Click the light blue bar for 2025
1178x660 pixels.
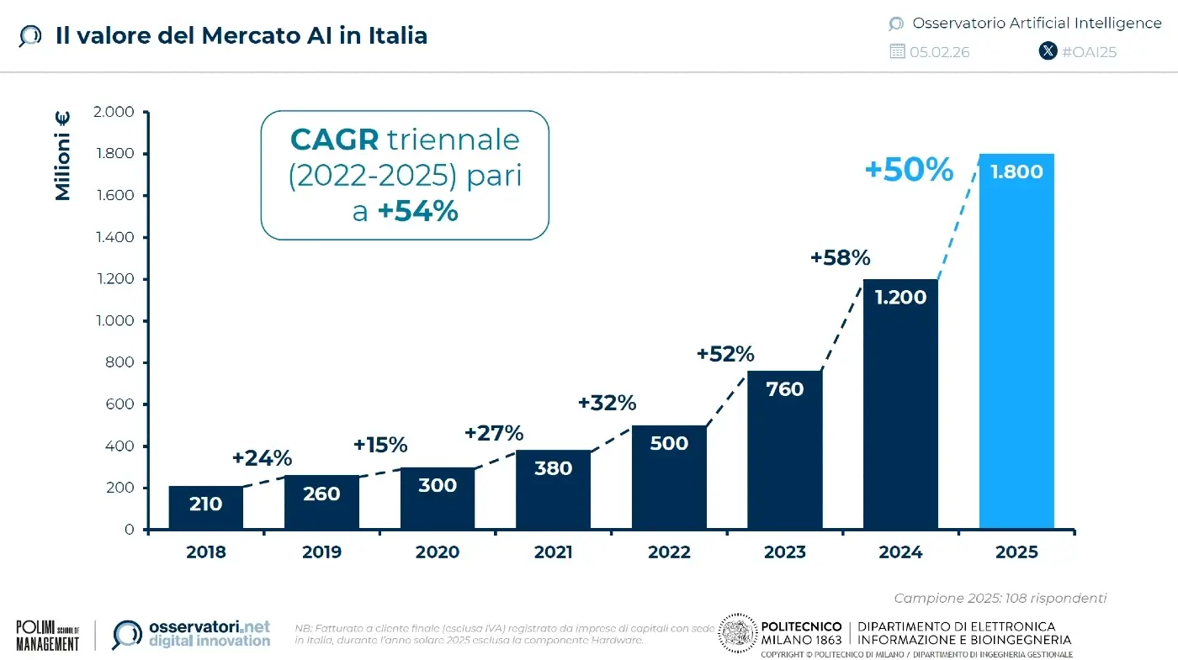point(1016,353)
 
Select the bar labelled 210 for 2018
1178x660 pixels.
point(205,508)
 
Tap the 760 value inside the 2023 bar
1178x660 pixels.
point(785,389)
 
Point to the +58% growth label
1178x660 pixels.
point(840,258)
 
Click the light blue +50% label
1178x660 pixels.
point(909,171)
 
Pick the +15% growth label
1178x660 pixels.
point(380,444)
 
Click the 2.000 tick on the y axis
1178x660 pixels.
point(114,112)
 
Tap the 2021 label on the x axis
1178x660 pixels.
point(553,552)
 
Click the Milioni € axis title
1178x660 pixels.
point(63,156)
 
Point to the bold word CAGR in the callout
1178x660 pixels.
point(334,139)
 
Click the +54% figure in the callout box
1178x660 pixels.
point(417,211)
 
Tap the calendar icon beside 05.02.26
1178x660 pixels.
point(897,51)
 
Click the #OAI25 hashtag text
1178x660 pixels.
point(1089,51)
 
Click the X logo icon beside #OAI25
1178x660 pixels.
point(1048,51)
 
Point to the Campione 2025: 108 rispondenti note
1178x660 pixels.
point(1000,598)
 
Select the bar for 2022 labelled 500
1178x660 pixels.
point(669,479)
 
